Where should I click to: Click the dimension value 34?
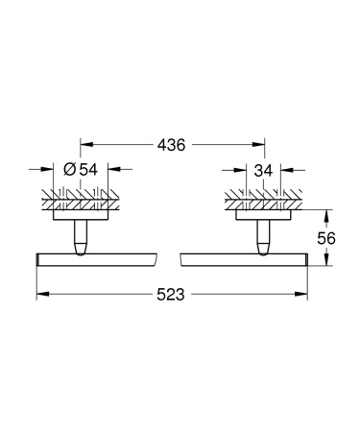pos(264,170)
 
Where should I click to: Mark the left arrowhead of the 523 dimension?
pos(41,297)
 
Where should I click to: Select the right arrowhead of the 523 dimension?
pos(302,297)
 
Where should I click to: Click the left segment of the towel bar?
pos(96,260)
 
